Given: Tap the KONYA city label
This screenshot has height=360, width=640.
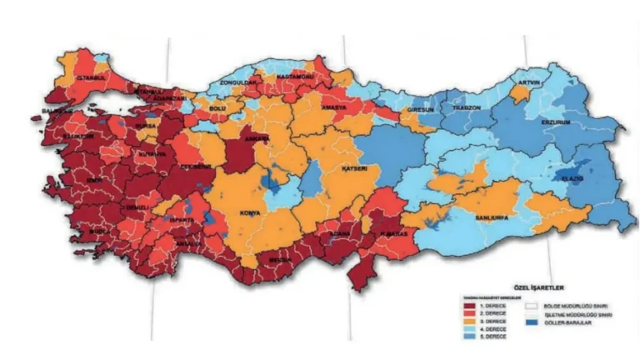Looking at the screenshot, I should (x=250, y=212).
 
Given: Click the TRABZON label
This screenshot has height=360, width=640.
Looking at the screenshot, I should (x=467, y=107).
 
